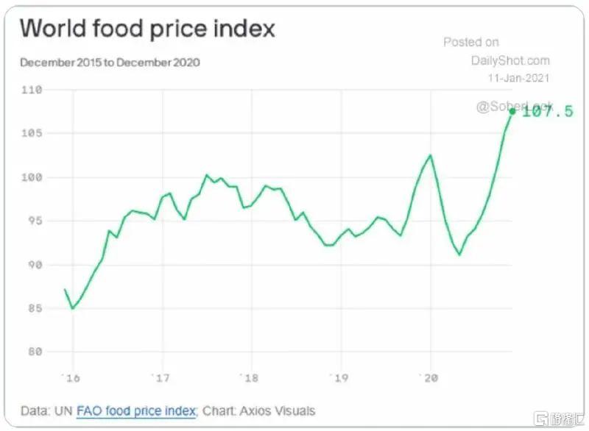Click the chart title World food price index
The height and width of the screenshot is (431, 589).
coord(147,29)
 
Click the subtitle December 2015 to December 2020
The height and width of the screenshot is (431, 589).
coord(110,63)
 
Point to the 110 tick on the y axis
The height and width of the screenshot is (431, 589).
coord(32,90)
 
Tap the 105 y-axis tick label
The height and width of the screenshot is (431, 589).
coord(32,133)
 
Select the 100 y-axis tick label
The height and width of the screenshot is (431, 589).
coord(32,177)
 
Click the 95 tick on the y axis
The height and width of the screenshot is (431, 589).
coord(34,221)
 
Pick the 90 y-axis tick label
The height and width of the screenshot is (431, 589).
coord(34,265)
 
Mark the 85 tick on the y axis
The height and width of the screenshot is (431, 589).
coord(34,308)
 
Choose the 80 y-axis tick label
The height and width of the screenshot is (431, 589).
coord(34,352)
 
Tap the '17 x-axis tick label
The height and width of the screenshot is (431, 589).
coord(161,378)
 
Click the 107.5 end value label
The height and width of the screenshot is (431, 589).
coord(547,112)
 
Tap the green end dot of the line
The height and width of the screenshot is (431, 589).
coord(512,112)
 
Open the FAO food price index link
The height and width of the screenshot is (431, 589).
coord(137,410)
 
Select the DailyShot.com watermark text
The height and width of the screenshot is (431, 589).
coord(510,60)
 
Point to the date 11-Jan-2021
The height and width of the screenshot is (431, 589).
coord(519,77)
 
